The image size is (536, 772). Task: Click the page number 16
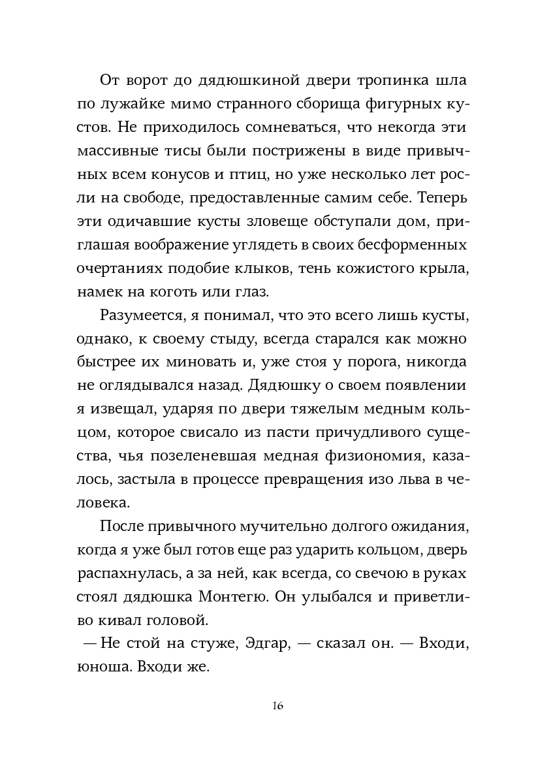pyautogui.click(x=277, y=706)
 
